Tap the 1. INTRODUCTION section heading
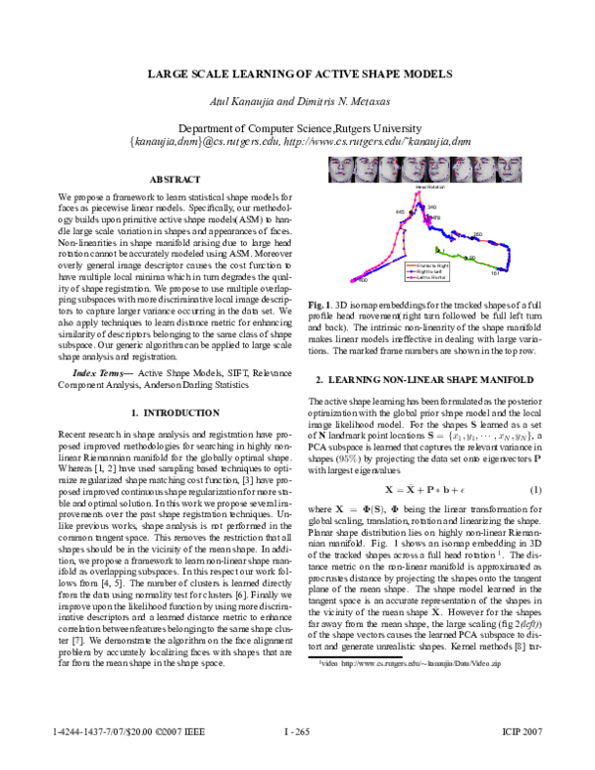tap(177, 411)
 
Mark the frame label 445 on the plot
tap(400, 212)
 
